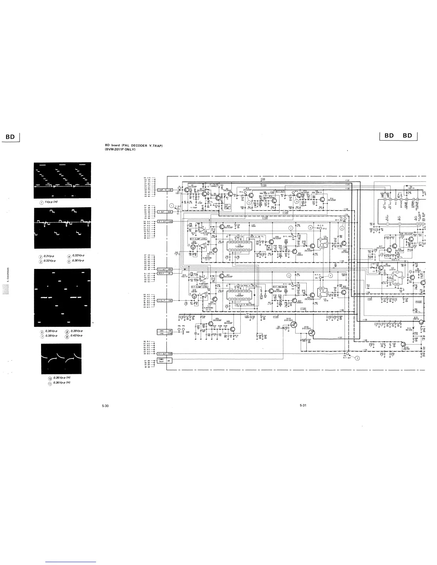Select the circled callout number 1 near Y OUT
[x=172, y=205]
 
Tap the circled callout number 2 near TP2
[x=358, y=358]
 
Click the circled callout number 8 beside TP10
[x=310, y=227]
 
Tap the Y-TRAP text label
[x=194, y=207]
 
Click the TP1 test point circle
[x=177, y=210]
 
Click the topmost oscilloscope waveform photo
[x=62, y=180]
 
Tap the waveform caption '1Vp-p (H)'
[x=51, y=202]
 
